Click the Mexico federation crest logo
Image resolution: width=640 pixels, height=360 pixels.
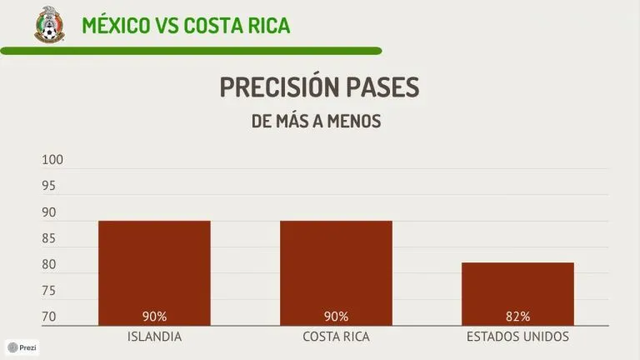(48, 23)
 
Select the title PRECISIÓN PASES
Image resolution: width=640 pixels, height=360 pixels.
(319, 87)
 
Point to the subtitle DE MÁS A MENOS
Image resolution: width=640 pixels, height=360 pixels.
(316, 122)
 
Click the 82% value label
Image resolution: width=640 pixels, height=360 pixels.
(517, 317)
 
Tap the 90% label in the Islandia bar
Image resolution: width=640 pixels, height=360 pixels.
(154, 317)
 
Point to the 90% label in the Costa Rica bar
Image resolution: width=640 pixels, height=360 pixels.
(336, 317)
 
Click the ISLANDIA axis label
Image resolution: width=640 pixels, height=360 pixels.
(154, 337)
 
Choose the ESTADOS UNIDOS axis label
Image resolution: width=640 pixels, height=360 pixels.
(517, 337)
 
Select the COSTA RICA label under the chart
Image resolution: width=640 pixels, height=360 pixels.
(336, 337)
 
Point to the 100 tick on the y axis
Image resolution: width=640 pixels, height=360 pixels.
(52, 160)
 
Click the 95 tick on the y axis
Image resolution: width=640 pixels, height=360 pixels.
(49, 187)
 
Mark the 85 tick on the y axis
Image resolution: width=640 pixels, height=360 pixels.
(49, 239)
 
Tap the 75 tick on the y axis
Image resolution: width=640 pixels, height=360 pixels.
(49, 291)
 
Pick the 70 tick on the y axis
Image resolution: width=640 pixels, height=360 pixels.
(49, 317)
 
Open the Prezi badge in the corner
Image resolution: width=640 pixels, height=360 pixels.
(22, 347)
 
